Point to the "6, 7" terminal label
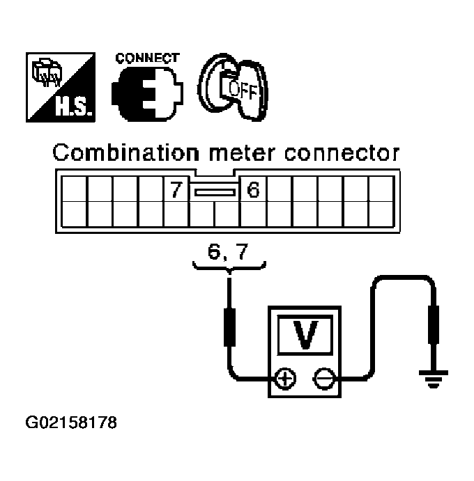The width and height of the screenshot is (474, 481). click(x=228, y=251)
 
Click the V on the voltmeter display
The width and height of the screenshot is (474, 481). click(x=305, y=334)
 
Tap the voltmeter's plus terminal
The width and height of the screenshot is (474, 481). click(x=285, y=379)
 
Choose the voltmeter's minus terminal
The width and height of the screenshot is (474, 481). click(x=323, y=379)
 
